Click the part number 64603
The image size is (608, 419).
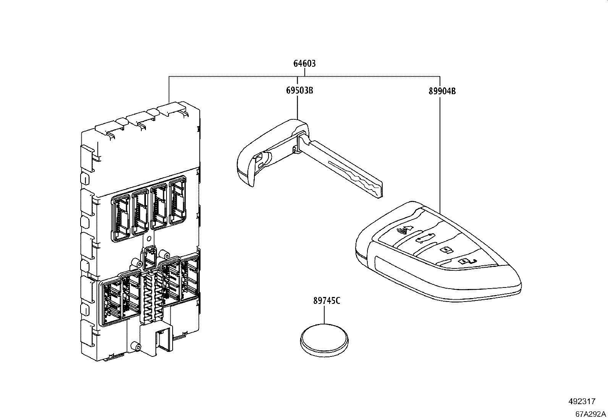[304, 64]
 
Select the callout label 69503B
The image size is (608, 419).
[299, 91]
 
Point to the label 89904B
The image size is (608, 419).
[441, 91]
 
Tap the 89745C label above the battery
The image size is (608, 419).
[327, 301]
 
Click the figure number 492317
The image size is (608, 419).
[581, 402]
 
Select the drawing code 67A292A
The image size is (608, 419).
[590, 414]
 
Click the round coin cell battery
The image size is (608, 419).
[324, 340]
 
